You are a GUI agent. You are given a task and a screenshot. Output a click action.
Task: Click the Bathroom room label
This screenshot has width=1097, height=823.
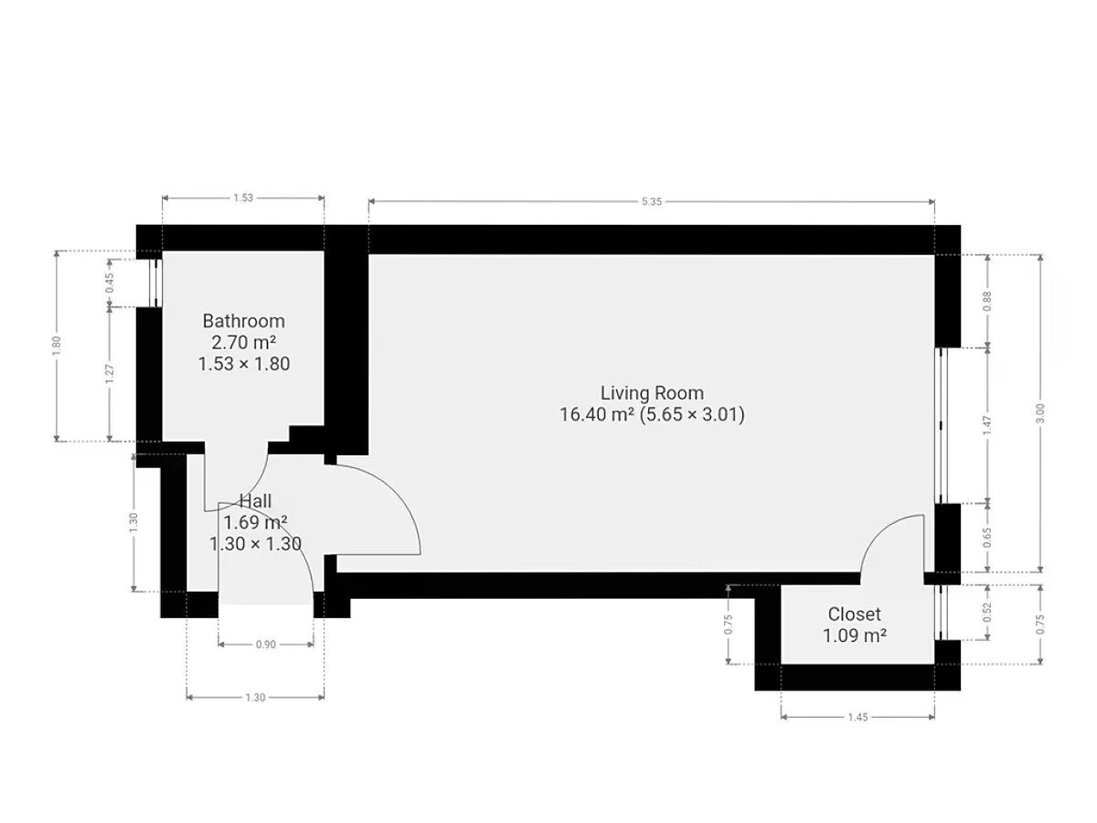(243, 321)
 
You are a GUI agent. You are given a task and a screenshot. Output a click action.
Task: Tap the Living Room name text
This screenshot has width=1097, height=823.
(652, 393)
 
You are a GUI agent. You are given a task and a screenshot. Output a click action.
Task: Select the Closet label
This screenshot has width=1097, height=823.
(854, 615)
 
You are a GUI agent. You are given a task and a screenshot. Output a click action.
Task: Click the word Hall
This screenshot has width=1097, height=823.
(255, 501)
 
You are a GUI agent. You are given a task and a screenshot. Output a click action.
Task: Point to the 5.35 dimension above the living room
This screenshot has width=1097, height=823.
(651, 202)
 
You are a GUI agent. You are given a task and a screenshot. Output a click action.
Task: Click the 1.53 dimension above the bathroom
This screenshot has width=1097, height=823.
(243, 198)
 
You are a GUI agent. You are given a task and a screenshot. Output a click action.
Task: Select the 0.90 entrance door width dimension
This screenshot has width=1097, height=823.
(266, 645)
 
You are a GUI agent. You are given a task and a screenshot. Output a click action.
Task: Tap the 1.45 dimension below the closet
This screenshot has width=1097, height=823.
(857, 718)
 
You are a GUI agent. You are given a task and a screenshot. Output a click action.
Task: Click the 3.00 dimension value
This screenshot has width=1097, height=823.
(1040, 413)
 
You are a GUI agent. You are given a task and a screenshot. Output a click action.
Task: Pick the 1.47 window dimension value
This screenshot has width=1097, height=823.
(987, 425)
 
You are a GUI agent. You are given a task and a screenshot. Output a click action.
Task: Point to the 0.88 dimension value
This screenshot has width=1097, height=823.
(987, 302)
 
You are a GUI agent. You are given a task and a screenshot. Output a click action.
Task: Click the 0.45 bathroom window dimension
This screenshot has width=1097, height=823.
(110, 283)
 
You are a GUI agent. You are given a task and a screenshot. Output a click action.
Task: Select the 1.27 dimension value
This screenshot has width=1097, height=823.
(110, 374)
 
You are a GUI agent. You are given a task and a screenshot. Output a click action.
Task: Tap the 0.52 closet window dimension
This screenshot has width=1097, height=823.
(987, 612)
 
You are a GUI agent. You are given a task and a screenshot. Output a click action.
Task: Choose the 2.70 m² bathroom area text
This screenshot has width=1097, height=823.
(243, 342)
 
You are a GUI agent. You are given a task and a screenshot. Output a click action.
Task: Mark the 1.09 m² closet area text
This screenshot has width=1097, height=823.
(855, 636)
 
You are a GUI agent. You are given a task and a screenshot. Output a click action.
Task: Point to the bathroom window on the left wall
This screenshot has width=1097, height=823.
(155, 283)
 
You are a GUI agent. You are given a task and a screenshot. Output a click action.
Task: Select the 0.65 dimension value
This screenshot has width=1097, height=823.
(987, 538)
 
